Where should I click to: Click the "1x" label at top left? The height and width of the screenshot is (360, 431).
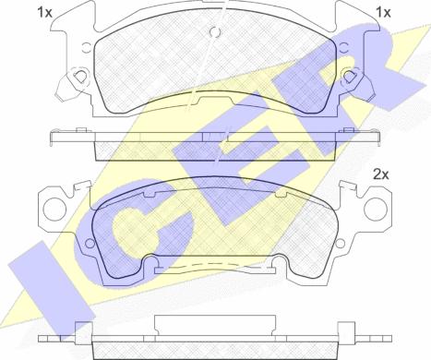(x=44, y=13)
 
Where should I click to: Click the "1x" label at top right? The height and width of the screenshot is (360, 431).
(x=383, y=13)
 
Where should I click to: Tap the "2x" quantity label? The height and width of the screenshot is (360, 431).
(x=381, y=175)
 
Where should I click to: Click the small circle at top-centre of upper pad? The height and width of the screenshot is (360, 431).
(x=215, y=32)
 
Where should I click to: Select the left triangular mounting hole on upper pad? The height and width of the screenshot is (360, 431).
(x=80, y=77)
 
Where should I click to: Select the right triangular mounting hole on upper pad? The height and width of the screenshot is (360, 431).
(x=350, y=77)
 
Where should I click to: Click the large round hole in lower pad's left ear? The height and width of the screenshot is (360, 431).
(x=54, y=209)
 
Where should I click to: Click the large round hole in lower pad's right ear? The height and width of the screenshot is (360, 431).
(x=376, y=209)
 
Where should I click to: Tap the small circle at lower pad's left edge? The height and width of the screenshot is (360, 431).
(x=90, y=243)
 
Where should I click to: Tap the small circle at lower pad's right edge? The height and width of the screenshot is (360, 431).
(x=340, y=244)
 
